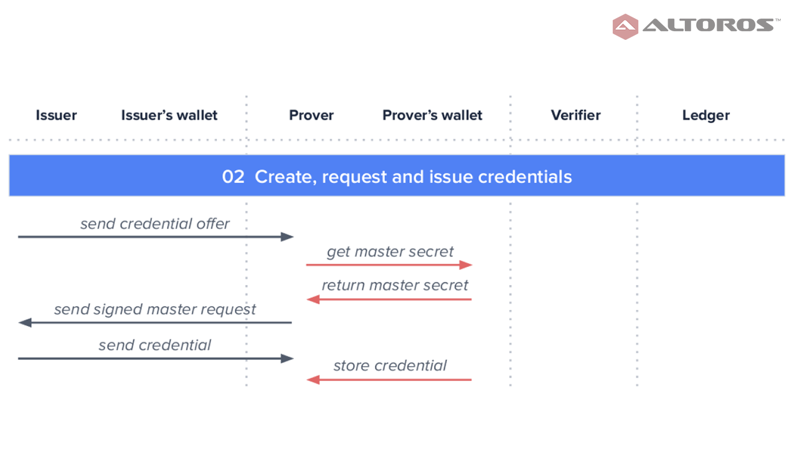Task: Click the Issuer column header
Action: [56, 115]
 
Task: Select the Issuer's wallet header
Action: [169, 115]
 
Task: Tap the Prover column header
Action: [311, 115]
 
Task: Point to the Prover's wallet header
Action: [432, 115]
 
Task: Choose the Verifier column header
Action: [576, 115]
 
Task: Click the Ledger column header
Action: [706, 115]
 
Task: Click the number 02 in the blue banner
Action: [233, 176]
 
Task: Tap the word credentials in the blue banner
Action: [525, 176]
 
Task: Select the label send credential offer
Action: [155, 224]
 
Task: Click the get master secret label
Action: [390, 252]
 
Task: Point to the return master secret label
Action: [395, 285]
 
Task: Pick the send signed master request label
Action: [155, 309]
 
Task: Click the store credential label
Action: [390, 365]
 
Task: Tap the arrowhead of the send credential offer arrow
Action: [287, 236]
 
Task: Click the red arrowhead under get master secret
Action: [466, 265]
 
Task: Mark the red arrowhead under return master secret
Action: [313, 299]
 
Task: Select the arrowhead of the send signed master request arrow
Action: [25, 322]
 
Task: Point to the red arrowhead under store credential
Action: [313, 380]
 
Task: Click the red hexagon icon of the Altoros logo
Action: [625, 27]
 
